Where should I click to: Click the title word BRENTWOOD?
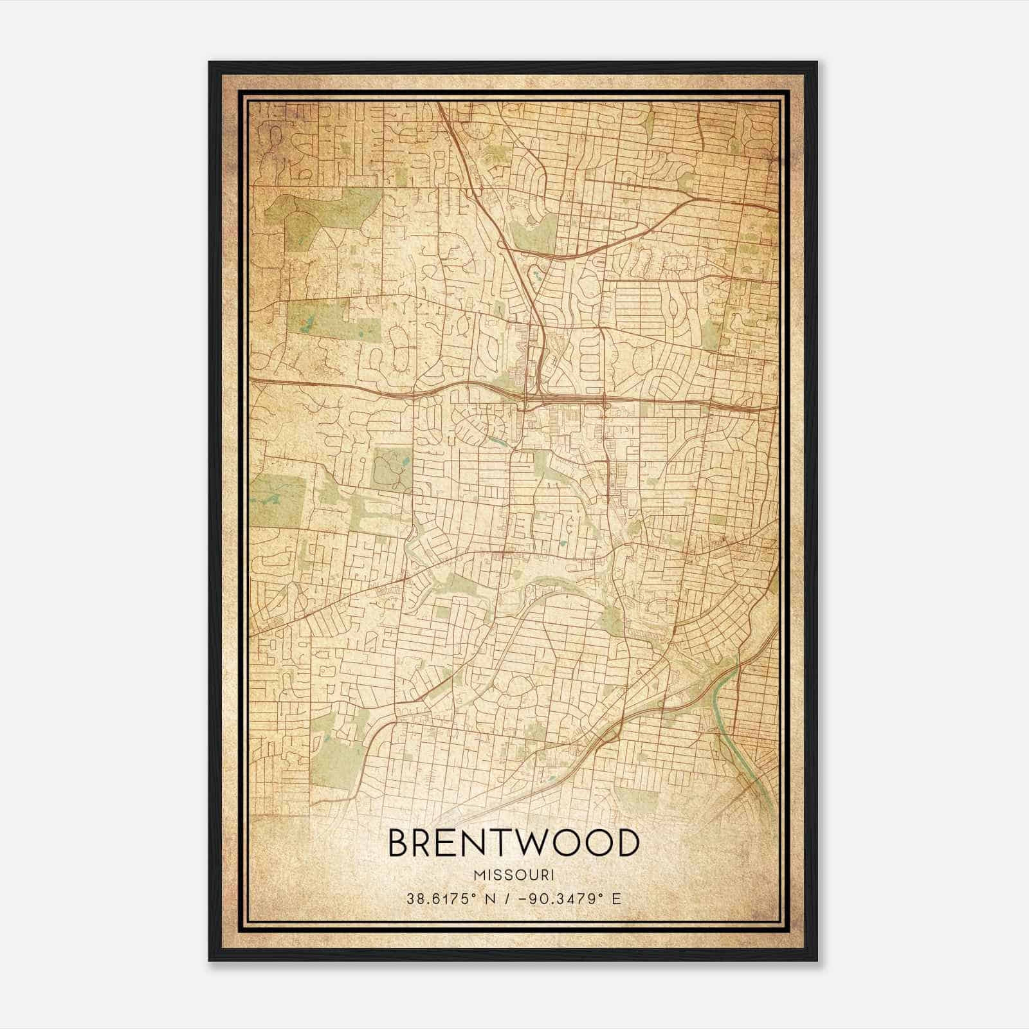pyautogui.click(x=514, y=843)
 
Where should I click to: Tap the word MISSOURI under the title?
pyautogui.click(x=514, y=875)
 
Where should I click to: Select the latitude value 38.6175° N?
pyautogui.click(x=446, y=898)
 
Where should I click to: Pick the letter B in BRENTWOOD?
pyautogui.click(x=400, y=843)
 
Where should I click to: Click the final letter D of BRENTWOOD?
pyautogui.click(x=627, y=843)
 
